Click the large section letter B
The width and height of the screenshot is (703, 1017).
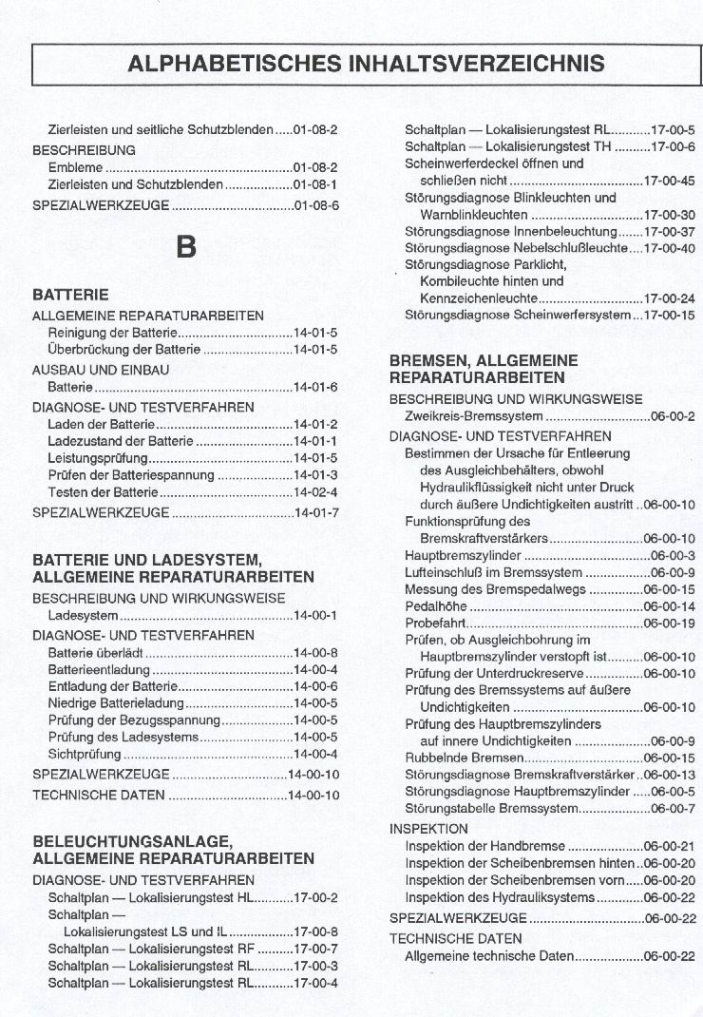pos(186,246)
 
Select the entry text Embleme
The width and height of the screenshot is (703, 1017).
pos(75,167)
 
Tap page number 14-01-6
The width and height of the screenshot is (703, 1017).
pos(315,387)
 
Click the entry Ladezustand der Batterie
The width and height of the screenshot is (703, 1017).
pos(119,441)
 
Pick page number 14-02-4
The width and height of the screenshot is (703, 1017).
pos(315,492)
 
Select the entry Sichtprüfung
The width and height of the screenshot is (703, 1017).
pos(85,754)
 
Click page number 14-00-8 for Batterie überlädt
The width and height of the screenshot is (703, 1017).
pos(315,652)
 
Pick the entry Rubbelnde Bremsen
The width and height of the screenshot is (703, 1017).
pos(465,758)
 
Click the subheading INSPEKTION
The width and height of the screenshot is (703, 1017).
pos(428,829)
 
